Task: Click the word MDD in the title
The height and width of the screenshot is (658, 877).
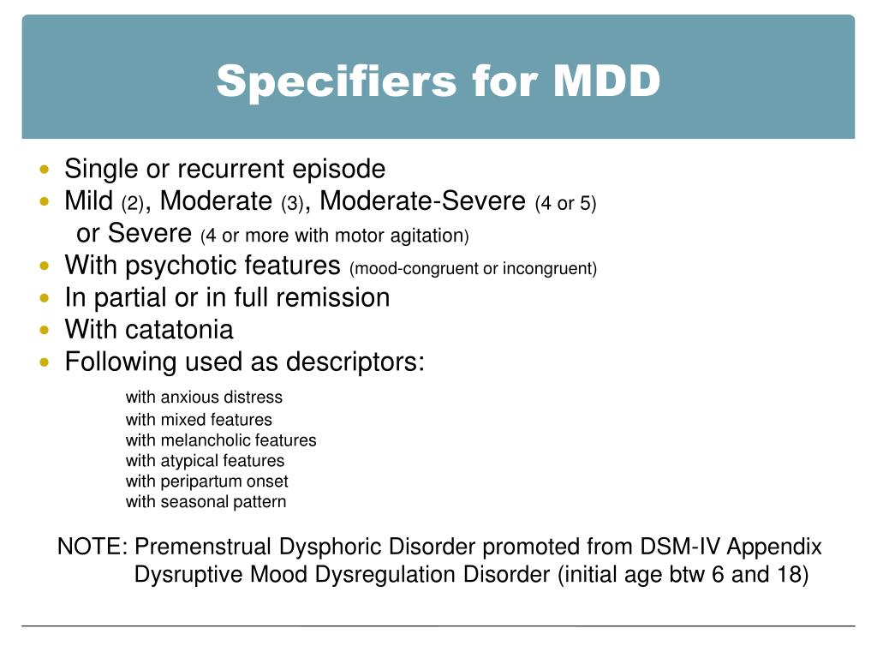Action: (x=606, y=81)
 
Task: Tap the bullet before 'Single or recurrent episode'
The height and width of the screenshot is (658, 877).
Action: (x=45, y=169)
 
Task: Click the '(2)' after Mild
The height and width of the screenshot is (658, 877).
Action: (x=133, y=204)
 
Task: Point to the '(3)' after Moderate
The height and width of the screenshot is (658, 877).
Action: (x=293, y=204)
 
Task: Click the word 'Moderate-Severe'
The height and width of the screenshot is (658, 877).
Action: (x=422, y=201)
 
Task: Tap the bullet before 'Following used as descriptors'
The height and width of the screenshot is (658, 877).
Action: (x=45, y=362)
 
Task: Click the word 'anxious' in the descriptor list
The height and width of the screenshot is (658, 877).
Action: (x=188, y=398)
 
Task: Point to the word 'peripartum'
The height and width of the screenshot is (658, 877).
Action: (x=199, y=482)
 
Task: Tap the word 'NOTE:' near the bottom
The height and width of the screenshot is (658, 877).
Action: (x=92, y=547)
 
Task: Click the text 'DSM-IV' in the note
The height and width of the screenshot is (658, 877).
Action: (x=669, y=547)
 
